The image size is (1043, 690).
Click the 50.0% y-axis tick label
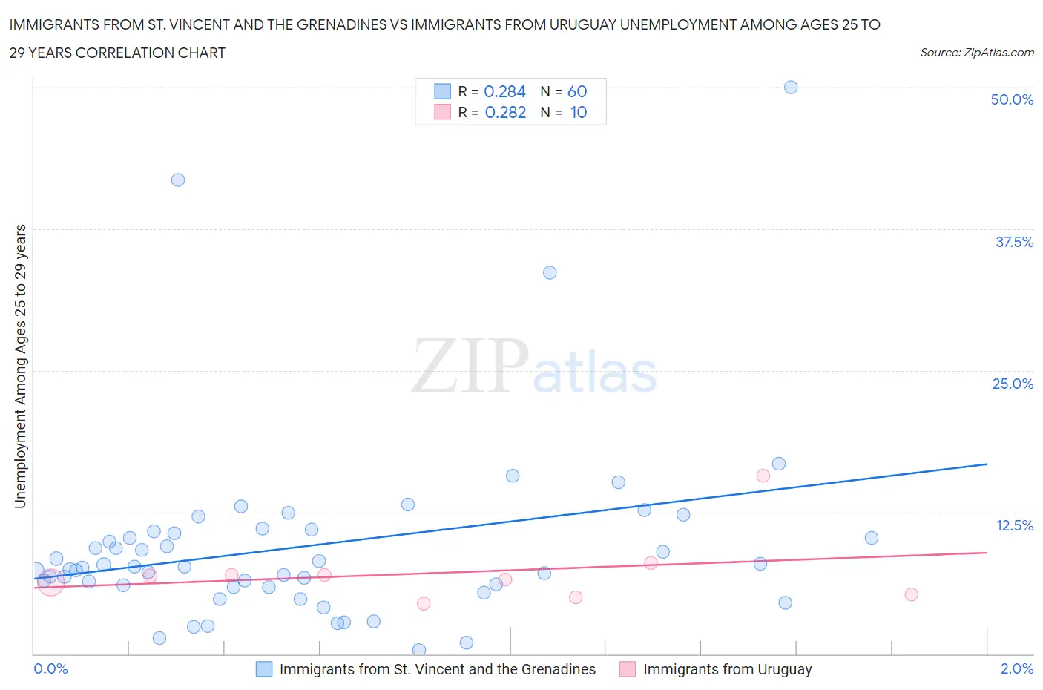1012,99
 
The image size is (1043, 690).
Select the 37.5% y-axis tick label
1014,242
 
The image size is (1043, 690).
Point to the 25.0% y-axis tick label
1013,384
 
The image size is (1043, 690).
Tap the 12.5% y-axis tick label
1014,525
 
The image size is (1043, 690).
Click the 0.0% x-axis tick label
51,668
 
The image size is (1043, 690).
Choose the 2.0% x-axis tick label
1016,668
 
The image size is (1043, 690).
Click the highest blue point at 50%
791,88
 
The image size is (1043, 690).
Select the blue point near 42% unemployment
178,180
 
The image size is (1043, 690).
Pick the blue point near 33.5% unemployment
550,273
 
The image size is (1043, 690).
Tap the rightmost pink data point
912,594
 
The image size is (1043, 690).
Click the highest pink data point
763,476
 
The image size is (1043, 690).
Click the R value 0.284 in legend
504,91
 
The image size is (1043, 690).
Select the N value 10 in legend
579,112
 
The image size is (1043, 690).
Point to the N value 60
577,91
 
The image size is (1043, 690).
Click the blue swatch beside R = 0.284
442,91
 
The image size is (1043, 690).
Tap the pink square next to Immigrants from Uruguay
628,669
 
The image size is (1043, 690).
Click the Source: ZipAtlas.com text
976,53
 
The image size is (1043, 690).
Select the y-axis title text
21,367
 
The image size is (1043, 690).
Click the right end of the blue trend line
987,464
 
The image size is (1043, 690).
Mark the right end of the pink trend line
987,553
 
